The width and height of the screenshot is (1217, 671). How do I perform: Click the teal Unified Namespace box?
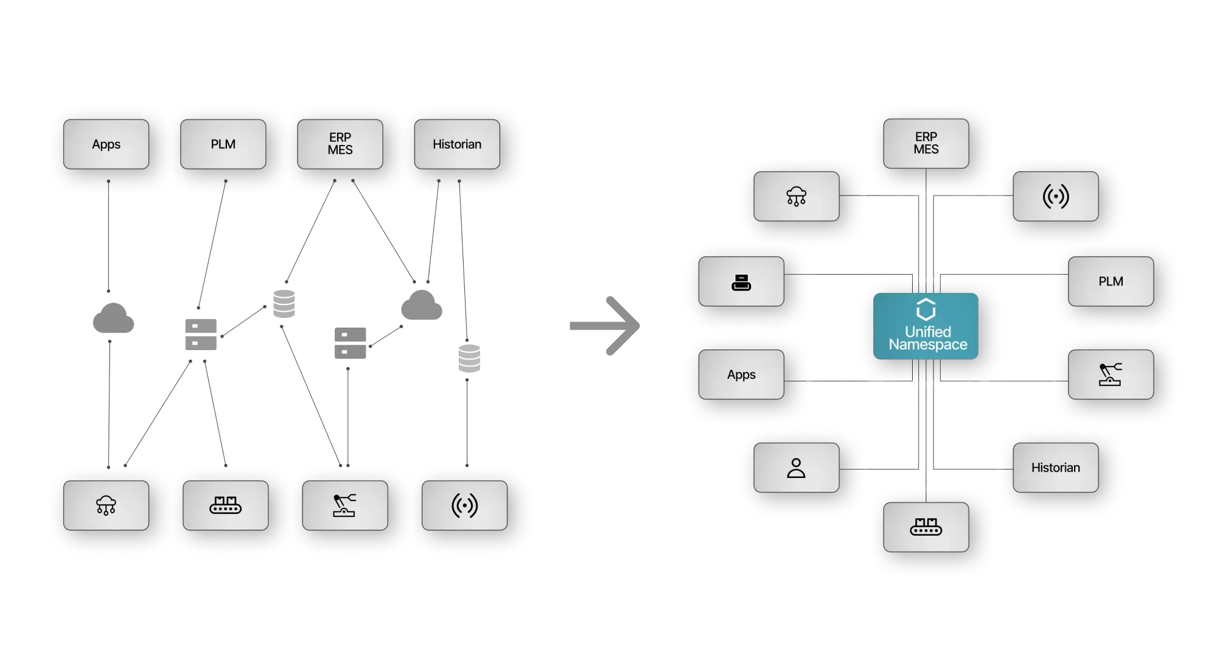coord(926,326)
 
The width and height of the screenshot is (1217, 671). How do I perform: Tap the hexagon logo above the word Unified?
coord(926,309)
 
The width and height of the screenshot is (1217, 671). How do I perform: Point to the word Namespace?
coord(928,345)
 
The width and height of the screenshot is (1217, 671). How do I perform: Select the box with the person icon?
coord(796,468)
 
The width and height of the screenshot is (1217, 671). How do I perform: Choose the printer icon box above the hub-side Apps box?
coord(741,281)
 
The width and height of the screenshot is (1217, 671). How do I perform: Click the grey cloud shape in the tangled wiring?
coord(113,318)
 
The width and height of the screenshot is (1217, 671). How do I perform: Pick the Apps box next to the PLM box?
coord(106,144)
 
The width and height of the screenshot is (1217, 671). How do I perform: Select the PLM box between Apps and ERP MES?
coord(223,144)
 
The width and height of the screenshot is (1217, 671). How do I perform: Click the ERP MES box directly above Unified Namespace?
coord(926,143)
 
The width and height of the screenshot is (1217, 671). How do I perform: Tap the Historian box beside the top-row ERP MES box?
coord(457,144)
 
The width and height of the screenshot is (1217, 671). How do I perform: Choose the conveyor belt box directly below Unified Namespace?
coord(926,527)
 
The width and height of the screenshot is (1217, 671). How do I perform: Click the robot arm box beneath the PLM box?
coord(1111,374)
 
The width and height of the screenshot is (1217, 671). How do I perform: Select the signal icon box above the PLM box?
coord(1056,196)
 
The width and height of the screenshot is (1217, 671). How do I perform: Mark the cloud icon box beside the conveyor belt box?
coord(106,505)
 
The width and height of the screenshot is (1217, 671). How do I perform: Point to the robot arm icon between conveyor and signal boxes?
coord(344,505)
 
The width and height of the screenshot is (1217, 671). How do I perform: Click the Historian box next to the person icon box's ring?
coord(1056,468)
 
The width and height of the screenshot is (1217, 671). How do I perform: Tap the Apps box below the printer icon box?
coord(741,374)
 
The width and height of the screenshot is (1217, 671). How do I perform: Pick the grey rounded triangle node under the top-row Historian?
coord(421,304)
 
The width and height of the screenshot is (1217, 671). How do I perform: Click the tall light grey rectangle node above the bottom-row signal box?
coord(469,357)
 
